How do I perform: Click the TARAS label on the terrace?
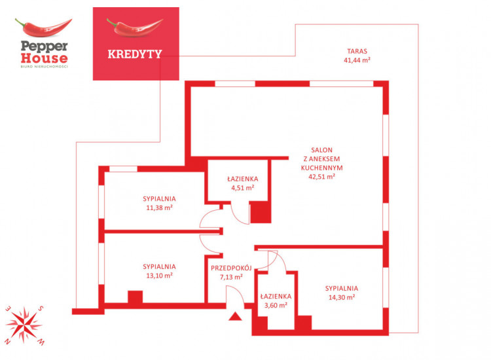357,51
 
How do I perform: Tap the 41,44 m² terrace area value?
357,60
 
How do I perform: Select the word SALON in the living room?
321,150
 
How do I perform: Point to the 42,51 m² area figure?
321,177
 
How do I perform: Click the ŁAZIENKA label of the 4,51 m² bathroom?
243,179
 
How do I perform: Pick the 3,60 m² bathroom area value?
276,305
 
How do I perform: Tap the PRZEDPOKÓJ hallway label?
231,268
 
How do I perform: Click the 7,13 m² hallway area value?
231,277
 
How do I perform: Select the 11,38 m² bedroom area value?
159,207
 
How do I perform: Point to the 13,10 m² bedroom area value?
159,276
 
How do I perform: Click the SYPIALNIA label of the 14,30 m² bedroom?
341,288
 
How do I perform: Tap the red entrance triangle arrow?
235,317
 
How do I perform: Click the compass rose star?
24,325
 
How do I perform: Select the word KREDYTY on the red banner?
135,54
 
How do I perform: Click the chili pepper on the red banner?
135,27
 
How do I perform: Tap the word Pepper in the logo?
44,46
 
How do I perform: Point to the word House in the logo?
44,58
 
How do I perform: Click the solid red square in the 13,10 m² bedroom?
136,297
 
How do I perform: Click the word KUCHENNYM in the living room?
321,168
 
